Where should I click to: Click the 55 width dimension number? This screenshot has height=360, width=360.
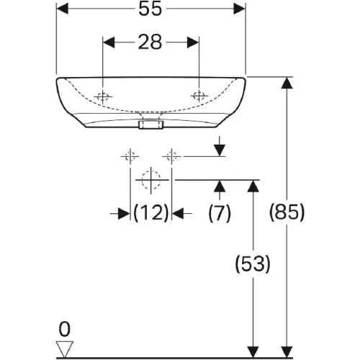150,9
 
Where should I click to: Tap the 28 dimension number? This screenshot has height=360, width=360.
150,42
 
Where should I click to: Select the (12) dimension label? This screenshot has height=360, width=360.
151,213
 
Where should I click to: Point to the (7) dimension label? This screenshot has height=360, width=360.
220,213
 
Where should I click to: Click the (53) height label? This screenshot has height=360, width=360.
253,264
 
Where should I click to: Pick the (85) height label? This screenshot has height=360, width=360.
287,212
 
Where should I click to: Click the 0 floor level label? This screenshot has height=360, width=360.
65,330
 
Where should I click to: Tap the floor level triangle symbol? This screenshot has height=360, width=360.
65,349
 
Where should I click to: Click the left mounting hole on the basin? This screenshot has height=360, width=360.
103,96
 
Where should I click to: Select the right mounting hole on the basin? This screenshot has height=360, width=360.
199,96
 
